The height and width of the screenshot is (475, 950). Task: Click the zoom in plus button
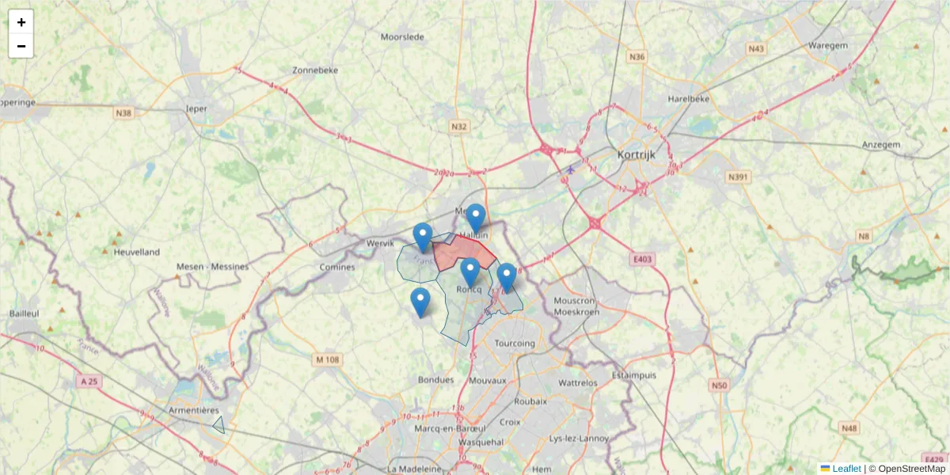click(21, 22)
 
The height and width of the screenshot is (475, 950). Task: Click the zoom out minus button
click(21, 46)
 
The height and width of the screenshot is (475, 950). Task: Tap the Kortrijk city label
click(636, 154)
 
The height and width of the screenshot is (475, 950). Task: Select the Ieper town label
click(196, 108)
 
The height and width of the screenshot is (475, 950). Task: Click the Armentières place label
click(193, 410)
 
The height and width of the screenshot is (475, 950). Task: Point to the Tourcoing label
click(515, 344)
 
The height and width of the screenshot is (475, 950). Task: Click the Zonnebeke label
click(315, 70)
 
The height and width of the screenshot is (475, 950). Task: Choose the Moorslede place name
click(402, 36)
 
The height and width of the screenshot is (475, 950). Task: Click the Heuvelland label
click(137, 252)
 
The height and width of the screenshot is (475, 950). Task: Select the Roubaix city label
click(530, 401)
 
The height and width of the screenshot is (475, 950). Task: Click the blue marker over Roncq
click(470, 272)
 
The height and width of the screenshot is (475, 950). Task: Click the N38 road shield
click(123, 113)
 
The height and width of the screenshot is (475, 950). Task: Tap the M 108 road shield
click(327, 359)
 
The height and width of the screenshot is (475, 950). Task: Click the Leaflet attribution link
click(845, 469)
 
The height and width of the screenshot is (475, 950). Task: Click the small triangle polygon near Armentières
click(219, 426)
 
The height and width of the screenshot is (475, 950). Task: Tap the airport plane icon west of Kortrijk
click(571, 169)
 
